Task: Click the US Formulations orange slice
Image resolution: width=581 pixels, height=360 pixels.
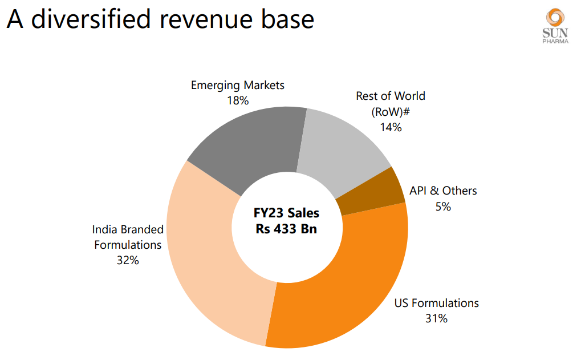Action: pyautogui.click(x=348, y=285)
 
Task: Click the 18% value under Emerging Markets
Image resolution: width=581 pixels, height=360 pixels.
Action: pyautogui.click(x=238, y=100)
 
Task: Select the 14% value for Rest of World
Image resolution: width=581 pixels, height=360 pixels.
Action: pyautogui.click(x=391, y=127)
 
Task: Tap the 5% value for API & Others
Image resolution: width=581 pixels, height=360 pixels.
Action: pyautogui.click(x=443, y=207)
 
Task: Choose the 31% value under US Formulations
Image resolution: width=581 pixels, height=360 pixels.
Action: pyautogui.click(x=436, y=318)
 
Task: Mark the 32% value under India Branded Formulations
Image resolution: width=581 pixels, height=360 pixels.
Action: pyautogui.click(x=128, y=260)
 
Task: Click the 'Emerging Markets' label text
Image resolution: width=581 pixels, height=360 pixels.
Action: pyautogui.click(x=238, y=86)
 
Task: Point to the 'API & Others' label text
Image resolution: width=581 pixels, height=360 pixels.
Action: pyautogui.click(x=443, y=191)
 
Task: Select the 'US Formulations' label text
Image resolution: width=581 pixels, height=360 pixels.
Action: pyautogui.click(x=437, y=303)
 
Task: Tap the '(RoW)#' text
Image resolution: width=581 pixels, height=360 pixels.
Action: pyautogui.click(x=391, y=111)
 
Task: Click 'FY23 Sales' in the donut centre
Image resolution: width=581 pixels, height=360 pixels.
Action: pyautogui.click(x=287, y=213)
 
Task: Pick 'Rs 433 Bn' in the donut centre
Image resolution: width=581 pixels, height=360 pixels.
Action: pyautogui.click(x=287, y=229)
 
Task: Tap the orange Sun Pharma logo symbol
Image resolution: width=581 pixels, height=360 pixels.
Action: pyautogui.click(x=555, y=19)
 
